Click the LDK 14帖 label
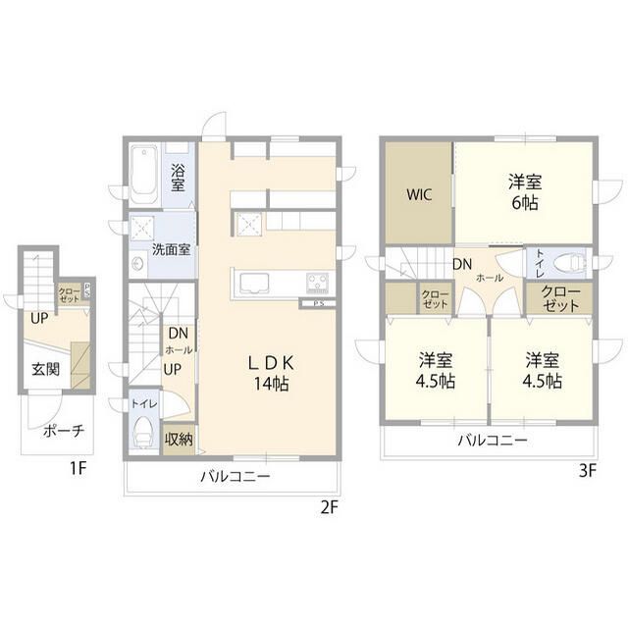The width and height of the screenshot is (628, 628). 271,373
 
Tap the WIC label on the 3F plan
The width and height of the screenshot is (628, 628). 419,195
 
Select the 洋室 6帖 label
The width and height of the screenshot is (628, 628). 525,192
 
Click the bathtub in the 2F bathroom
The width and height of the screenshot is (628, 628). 144,175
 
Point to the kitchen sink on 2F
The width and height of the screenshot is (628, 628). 255,283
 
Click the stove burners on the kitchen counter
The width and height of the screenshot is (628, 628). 318,282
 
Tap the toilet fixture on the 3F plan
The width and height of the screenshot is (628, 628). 569,264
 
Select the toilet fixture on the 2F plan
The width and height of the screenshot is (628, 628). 144,432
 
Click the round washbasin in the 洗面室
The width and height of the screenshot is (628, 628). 137,264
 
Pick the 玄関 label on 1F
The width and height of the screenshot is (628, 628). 46,369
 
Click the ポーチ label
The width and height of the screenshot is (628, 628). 64,431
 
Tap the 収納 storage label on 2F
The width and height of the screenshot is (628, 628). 179,440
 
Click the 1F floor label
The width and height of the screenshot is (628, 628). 78,468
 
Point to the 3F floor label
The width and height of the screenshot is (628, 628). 588,471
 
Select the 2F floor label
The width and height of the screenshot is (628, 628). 330,508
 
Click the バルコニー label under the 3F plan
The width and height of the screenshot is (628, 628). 493,441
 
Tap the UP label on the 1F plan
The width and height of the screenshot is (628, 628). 39,319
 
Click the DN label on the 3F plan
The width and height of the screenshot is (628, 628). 462,264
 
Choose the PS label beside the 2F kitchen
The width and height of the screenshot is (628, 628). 319,303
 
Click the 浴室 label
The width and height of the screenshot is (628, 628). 178,178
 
